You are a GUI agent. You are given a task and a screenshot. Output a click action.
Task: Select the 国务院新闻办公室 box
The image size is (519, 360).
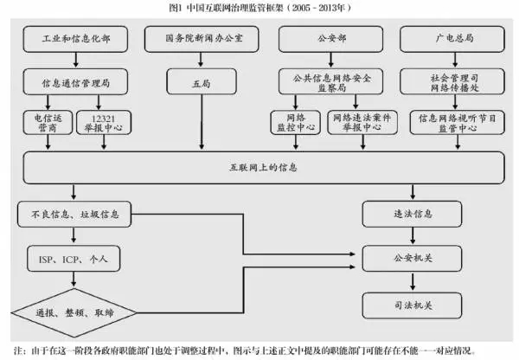pyautogui.click(x=201, y=40)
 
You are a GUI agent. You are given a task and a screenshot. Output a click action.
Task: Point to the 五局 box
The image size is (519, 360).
pyautogui.click(x=201, y=84)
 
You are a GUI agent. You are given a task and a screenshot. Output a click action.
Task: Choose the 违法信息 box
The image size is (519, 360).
pyautogui.click(x=412, y=213)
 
